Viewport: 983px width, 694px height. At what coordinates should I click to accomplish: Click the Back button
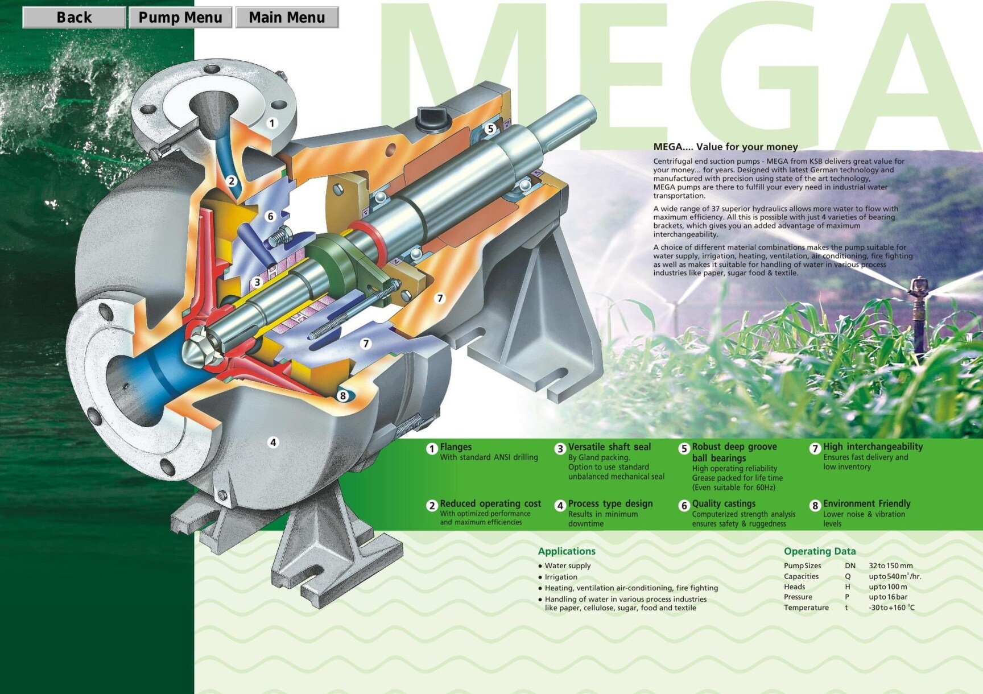pos(74,18)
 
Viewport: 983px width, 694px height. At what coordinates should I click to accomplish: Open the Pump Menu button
pos(180,18)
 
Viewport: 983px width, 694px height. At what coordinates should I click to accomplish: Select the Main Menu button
pos(287,18)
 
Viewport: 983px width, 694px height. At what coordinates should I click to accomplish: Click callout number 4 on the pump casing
pos(273,442)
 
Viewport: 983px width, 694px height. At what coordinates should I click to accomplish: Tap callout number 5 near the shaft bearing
pos(490,129)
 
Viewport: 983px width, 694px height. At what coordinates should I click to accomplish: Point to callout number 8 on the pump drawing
pos(342,395)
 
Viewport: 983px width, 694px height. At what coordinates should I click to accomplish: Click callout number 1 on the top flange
pos(272,123)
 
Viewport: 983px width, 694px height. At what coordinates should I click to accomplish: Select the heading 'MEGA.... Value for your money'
pos(725,147)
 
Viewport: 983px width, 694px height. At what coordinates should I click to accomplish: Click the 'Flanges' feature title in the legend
pos(456,447)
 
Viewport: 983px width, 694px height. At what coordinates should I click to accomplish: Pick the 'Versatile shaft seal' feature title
pos(609,447)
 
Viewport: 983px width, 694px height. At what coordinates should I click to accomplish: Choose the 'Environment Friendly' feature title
pos(866,504)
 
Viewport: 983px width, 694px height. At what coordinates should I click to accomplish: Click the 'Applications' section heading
pos(567,551)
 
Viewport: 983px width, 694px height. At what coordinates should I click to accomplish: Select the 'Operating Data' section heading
pos(820,551)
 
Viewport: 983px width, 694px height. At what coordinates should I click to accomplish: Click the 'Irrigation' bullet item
pos(561,577)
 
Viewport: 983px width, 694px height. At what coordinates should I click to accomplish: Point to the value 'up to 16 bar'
pos(888,597)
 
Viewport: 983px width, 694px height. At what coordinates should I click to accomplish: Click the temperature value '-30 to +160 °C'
pos(891,608)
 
